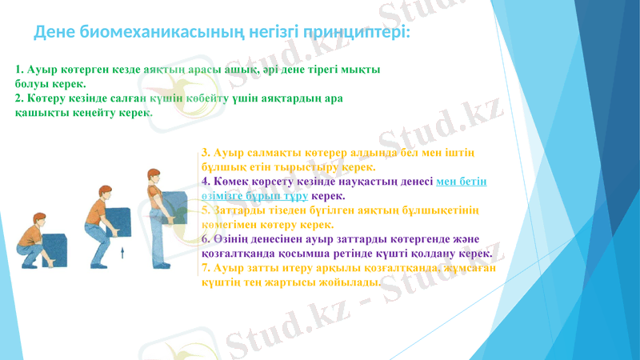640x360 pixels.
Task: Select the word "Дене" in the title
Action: pyautogui.click(x=54, y=33)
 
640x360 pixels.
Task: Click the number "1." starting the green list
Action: pyautogui.click(x=20, y=70)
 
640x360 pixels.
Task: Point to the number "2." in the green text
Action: pyautogui.click(x=20, y=98)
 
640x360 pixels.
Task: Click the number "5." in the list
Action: pyautogui.click(x=206, y=210)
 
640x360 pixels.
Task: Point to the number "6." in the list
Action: pyautogui.click(x=206, y=239)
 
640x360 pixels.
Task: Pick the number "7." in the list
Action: pyautogui.click(x=206, y=268)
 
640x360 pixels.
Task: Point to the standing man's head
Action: pyautogui.click(x=153, y=177)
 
